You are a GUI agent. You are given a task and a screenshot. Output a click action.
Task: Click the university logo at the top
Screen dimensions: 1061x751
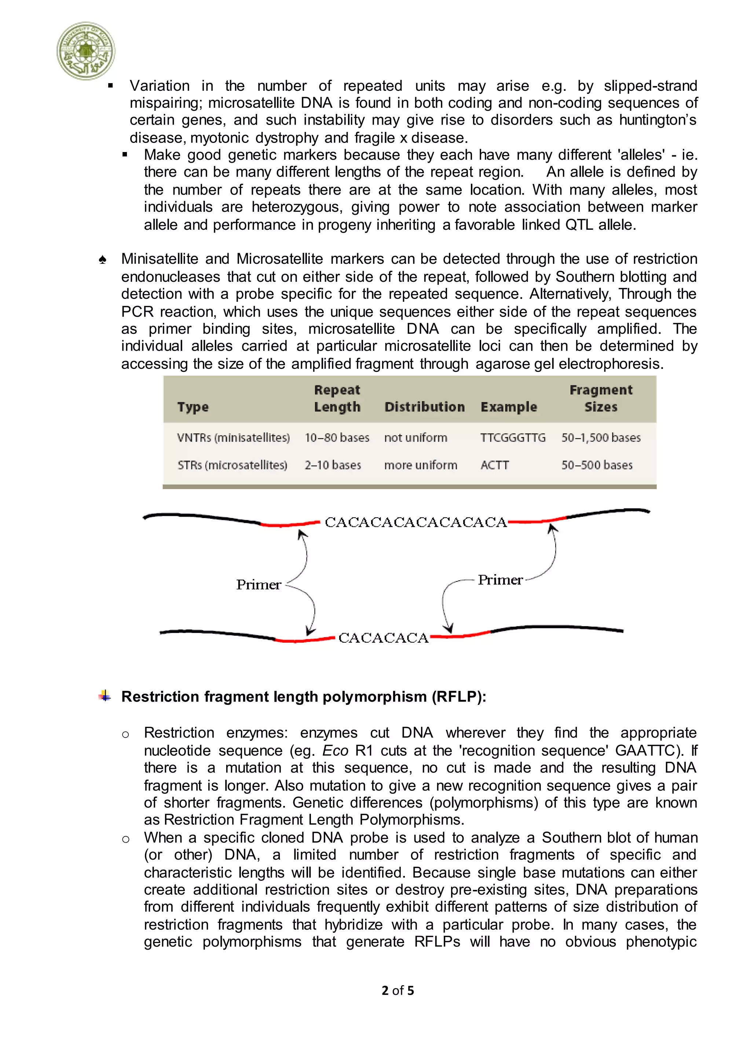(86, 51)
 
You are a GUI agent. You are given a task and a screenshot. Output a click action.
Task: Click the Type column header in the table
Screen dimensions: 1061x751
(193, 407)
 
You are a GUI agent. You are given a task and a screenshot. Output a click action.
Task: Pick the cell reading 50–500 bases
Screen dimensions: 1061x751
(597, 465)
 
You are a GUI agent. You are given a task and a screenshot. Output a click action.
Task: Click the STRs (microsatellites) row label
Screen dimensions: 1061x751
(232, 465)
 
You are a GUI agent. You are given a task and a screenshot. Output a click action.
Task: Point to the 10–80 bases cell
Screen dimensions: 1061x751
(337, 437)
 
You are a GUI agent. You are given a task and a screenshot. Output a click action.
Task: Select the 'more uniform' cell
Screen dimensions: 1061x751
(420, 465)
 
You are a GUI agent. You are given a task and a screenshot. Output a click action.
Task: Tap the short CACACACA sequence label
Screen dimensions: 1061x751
(383, 638)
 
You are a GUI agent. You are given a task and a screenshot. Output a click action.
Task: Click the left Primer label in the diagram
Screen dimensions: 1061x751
(259, 585)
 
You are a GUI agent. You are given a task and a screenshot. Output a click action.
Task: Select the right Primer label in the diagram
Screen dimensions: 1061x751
(500, 580)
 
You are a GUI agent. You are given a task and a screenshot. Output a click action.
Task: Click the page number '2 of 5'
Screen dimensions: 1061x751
(398, 991)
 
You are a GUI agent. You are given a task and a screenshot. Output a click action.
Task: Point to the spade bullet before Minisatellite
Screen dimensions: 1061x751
(103, 260)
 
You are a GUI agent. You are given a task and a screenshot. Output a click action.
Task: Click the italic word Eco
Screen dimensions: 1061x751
(335, 751)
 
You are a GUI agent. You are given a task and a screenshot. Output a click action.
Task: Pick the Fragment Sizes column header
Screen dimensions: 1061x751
(600, 398)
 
